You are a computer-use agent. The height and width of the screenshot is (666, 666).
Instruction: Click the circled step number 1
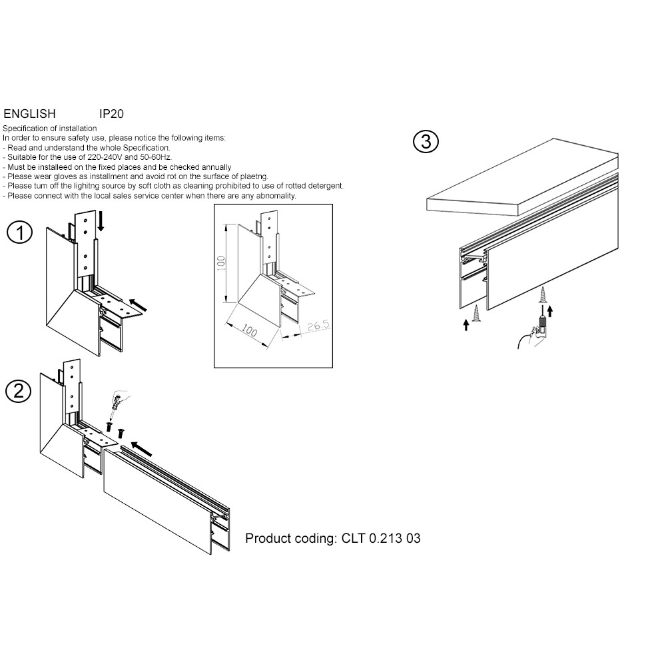tap(19, 233)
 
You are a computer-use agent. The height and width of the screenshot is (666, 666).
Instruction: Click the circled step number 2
tap(18, 391)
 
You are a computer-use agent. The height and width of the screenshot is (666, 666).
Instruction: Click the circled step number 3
tap(426, 142)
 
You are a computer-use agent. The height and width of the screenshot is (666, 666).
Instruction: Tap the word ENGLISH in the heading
tap(30, 115)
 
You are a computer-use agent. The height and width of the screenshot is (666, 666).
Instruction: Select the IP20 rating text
tap(111, 115)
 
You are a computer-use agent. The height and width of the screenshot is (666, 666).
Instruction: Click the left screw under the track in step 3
tap(476, 314)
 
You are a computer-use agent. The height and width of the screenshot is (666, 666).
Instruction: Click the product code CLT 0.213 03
tap(381, 538)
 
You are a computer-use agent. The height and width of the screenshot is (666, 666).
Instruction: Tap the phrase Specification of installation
tap(50, 129)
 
